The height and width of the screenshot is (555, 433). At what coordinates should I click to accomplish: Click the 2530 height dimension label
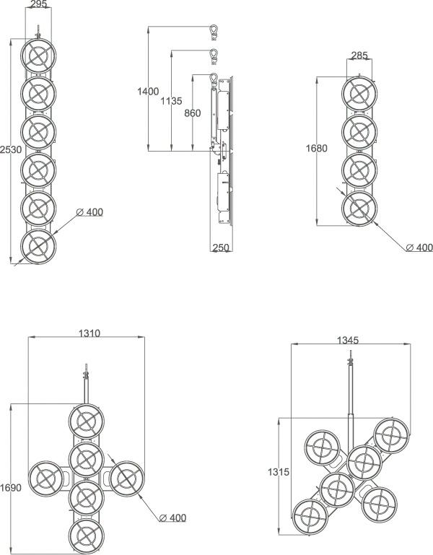11,149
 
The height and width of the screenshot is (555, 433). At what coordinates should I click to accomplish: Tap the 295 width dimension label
38,4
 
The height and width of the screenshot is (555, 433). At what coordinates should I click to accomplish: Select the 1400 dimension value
148,92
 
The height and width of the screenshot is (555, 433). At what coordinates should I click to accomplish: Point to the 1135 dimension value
171,101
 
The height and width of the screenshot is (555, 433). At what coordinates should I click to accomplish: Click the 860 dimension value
192,113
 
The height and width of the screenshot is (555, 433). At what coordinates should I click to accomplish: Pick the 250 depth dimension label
221,248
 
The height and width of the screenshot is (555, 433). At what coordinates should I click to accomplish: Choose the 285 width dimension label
359,56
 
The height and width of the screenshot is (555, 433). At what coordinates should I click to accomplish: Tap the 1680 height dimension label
317,148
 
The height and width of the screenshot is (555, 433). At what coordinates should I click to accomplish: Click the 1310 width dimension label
89,333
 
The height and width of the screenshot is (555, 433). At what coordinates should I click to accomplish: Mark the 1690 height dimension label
11,488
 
